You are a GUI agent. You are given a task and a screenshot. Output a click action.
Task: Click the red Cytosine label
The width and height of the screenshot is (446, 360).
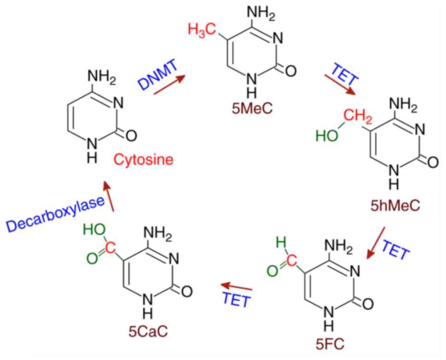coord(144,160)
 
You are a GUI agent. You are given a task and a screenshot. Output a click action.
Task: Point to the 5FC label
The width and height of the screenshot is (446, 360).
coord(329,342)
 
